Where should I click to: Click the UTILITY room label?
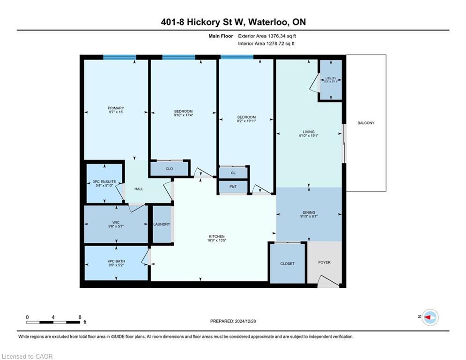(x=331, y=78)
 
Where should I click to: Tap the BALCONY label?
(x=366, y=123)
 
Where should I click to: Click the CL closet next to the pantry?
(x=233, y=173)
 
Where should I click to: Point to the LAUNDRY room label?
(x=162, y=225)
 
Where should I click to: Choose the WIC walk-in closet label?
(x=116, y=222)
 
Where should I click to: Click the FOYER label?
(x=324, y=262)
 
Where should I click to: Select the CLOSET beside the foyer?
(x=288, y=263)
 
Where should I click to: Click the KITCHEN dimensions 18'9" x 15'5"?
(x=217, y=240)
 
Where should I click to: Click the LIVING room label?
(x=309, y=132)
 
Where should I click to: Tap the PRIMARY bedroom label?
(x=116, y=108)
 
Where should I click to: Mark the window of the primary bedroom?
(x=119, y=57)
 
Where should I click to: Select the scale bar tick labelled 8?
(x=79, y=317)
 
